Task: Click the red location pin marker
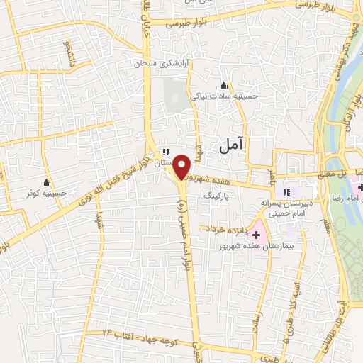[183, 167]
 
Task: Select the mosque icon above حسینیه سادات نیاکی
[225, 85]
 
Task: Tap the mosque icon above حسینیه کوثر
[47, 182]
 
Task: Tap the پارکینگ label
[217, 193]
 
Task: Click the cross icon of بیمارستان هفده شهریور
[256, 235]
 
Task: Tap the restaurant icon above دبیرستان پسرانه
[287, 191]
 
